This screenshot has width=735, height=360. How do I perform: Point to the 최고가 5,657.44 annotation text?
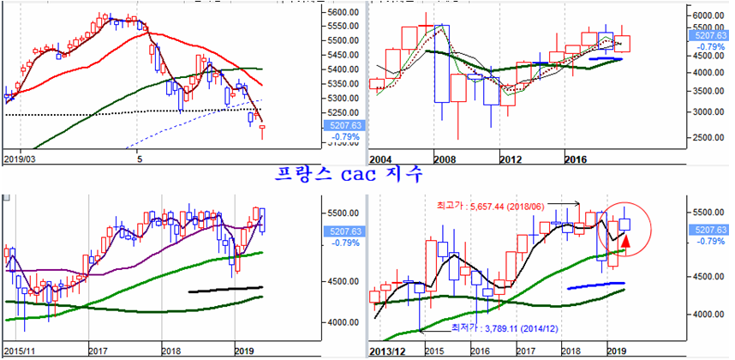[485, 205]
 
